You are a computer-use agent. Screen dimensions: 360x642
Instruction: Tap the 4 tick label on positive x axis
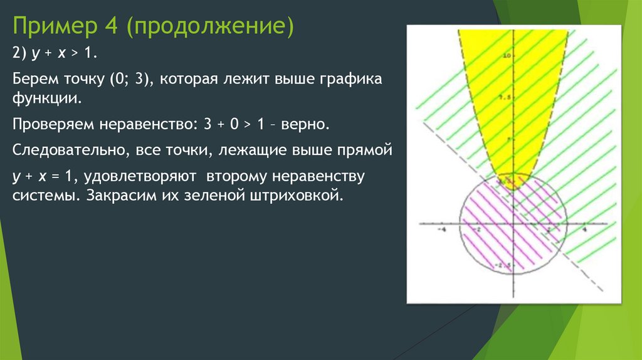pos(584,230)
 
